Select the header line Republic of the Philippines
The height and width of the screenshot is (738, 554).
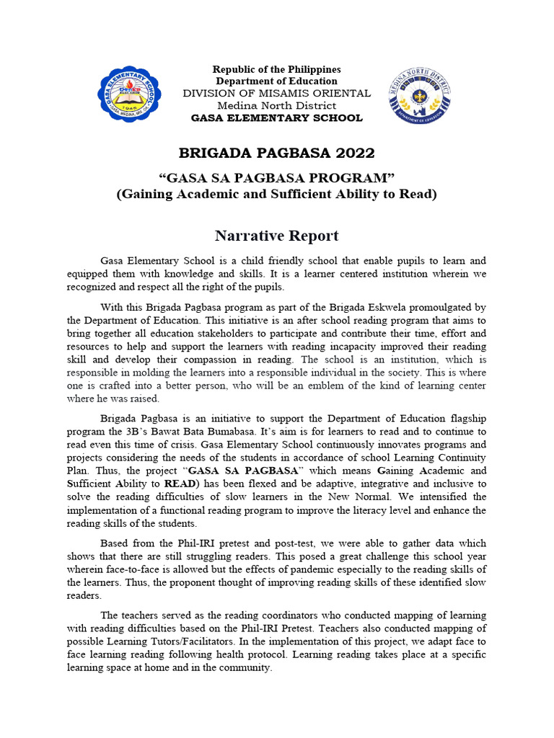[276, 69]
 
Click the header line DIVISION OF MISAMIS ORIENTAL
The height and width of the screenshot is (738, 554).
[276, 93]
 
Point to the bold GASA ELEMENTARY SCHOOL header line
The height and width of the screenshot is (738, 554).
[276, 117]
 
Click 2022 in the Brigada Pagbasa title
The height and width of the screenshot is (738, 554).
[354, 153]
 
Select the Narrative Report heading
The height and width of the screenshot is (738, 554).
[276, 236]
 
